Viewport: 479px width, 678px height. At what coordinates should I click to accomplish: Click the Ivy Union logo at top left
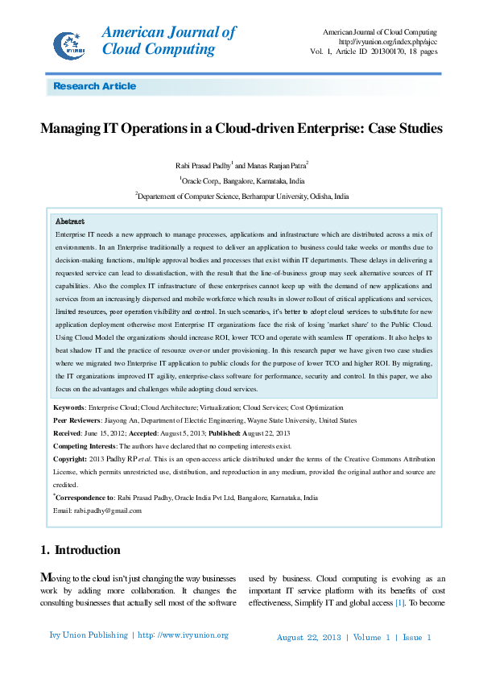pyautogui.click(x=69, y=43)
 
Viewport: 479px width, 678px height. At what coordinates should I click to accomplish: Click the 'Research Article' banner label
pyautogui.click(x=94, y=86)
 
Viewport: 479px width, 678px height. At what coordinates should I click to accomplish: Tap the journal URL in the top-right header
pyautogui.click(x=388, y=42)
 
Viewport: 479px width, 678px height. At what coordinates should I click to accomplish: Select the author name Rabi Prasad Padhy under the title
pyautogui.click(x=202, y=165)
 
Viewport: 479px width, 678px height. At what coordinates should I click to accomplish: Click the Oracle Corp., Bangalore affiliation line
pyautogui.click(x=242, y=181)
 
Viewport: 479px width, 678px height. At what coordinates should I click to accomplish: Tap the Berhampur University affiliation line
pyautogui.click(x=242, y=196)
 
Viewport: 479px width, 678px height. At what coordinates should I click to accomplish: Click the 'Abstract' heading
pyautogui.click(x=70, y=221)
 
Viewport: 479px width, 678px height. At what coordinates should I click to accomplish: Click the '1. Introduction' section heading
pyautogui.click(x=81, y=551)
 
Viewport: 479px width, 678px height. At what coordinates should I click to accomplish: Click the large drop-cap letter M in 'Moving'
pyautogui.click(x=47, y=578)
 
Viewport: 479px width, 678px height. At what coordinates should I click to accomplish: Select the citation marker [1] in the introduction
pyautogui.click(x=398, y=603)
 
